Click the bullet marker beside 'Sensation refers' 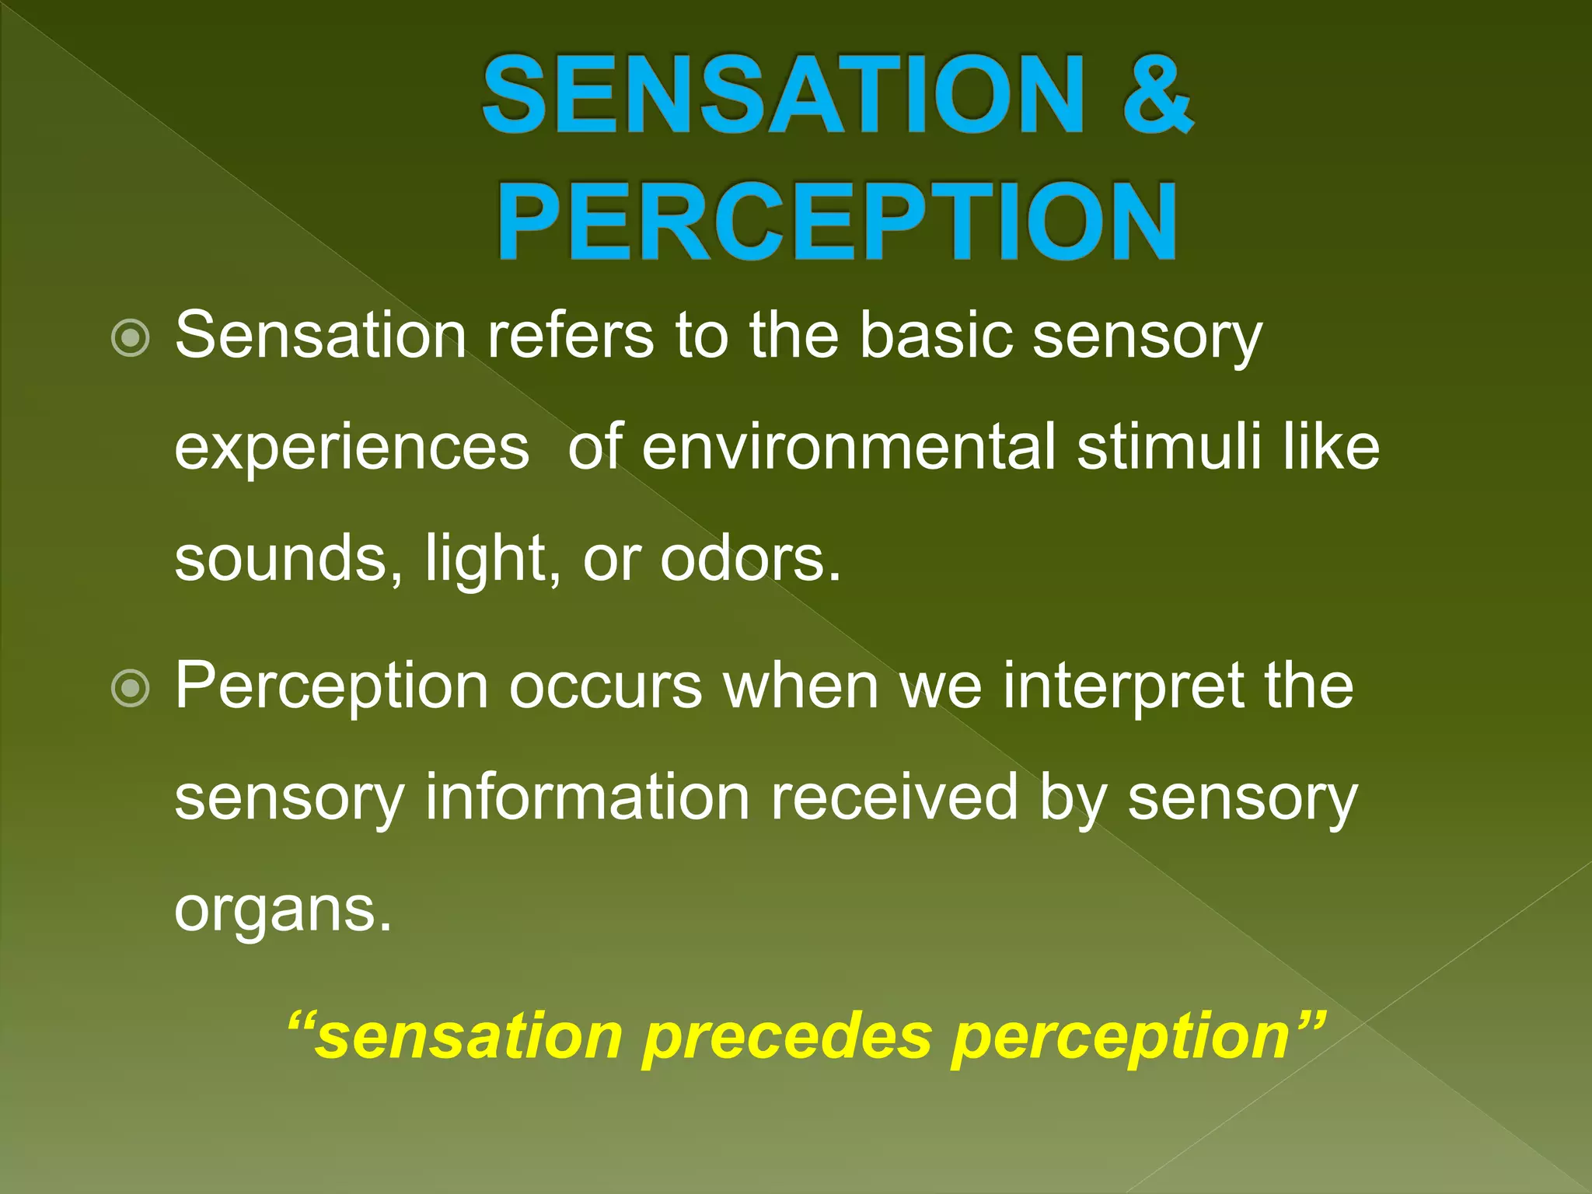(x=130, y=338)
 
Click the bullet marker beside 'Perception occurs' (x=130, y=688)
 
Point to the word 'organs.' (x=283, y=911)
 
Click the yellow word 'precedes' (x=786, y=1037)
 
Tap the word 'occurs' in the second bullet (x=606, y=686)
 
